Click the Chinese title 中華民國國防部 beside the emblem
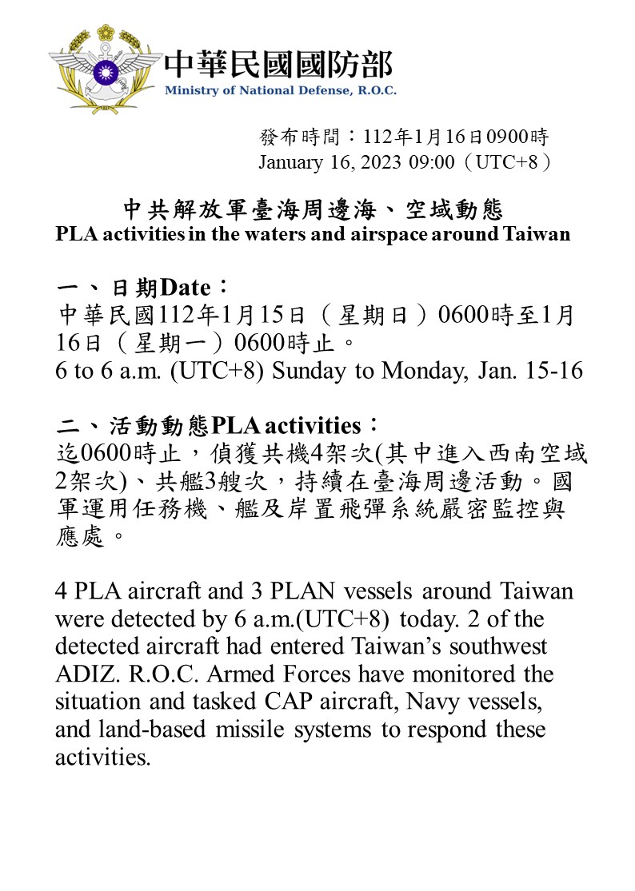click(x=278, y=65)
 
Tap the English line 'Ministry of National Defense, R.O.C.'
click(x=280, y=90)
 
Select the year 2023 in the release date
click(x=381, y=162)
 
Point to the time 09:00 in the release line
click(x=432, y=162)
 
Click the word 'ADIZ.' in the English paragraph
click(x=85, y=674)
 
